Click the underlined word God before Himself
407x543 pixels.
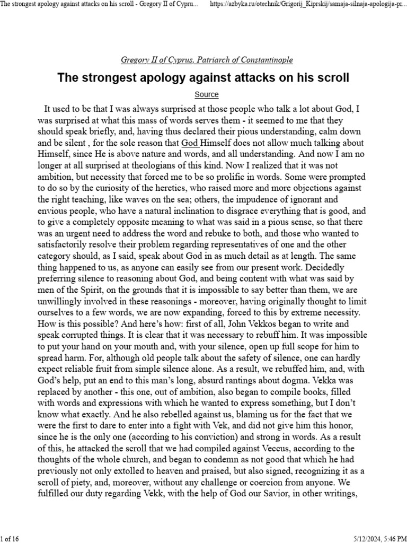191,143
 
